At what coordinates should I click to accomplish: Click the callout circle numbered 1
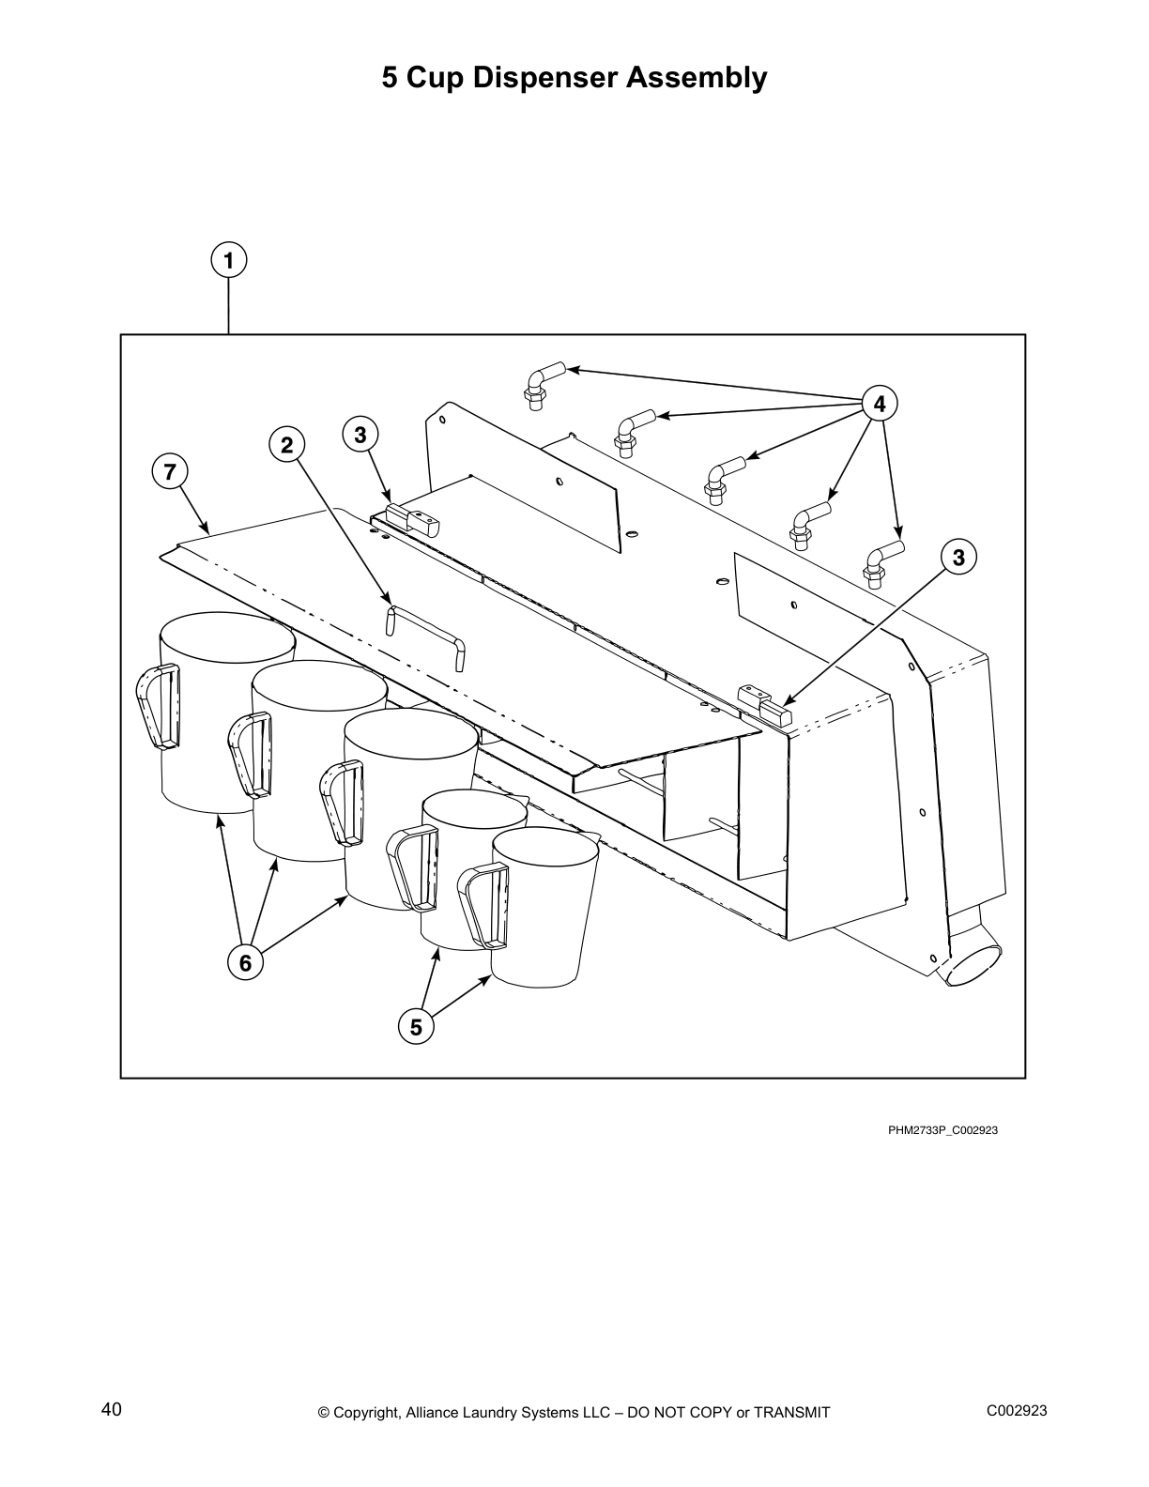(229, 260)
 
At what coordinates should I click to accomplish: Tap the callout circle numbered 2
(287, 445)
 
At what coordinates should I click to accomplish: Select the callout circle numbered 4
(880, 404)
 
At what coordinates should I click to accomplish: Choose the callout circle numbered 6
(245, 961)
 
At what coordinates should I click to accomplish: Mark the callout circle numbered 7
(170, 472)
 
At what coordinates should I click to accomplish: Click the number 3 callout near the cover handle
(360, 435)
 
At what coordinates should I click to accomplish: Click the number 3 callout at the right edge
(957, 558)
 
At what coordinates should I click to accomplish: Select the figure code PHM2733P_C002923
(942, 1129)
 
